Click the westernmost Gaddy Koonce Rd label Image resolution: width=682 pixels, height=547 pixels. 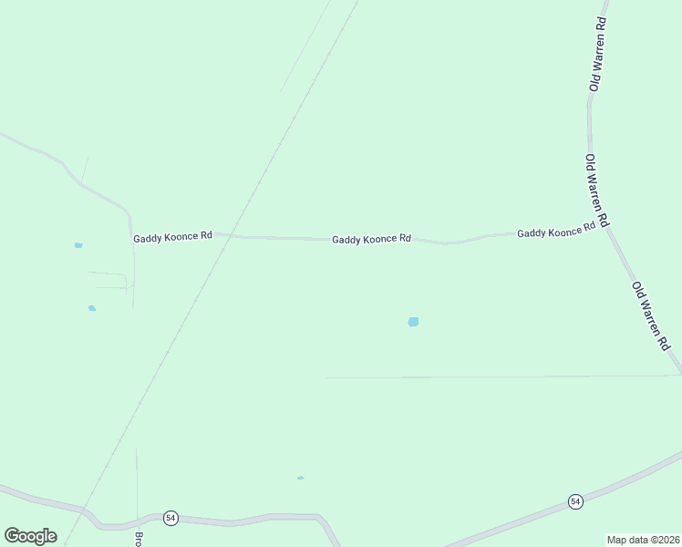click(172, 236)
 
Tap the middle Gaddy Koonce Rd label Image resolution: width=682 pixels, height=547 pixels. click(371, 239)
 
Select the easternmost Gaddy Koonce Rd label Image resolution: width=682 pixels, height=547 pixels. click(556, 233)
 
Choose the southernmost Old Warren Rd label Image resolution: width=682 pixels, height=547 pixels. click(651, 316)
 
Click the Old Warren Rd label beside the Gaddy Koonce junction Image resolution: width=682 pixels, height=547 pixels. click(596, 191)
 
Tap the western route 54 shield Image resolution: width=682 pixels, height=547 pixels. click(170, 518)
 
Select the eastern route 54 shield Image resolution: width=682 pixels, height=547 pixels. click(574, 501)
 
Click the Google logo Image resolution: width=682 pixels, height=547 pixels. click(30, 536)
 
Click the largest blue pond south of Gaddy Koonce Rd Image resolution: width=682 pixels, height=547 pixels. click(413, 322)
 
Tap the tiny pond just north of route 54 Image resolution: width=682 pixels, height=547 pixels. click(300, 478)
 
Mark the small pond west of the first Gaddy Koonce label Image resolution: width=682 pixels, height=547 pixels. click(78, 245)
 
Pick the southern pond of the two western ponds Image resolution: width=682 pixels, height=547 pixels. click(91, 308)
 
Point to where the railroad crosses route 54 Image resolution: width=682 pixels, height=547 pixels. click(86, 510)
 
